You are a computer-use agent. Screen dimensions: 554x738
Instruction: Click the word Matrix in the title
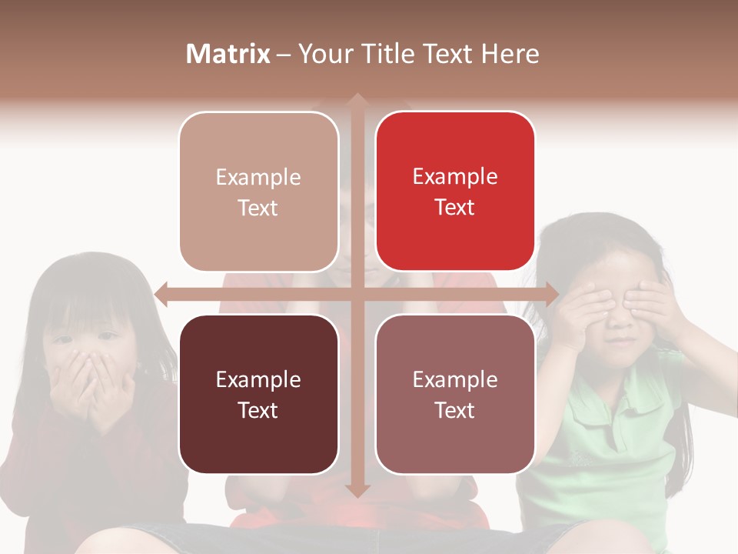pyautogui.click(x=228, y=54)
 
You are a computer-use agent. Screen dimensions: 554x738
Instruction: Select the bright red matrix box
pyautogui.click(x=455, y=191)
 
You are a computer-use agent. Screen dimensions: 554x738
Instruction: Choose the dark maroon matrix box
pyautogui.click(x=258, y=394)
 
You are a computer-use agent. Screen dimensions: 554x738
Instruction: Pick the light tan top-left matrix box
pyautogui.click(x=258, y=191)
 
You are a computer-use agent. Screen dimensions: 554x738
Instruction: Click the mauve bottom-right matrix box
pyautogui.click(x=455, y=394)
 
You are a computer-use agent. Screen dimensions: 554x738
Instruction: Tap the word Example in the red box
pyautogui.click(x=455, y=176)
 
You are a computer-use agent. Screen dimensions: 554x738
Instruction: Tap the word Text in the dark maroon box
pyautogui.click(x=258, y=410)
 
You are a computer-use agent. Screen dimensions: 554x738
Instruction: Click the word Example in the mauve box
pyautogui.click(x=455, y=379)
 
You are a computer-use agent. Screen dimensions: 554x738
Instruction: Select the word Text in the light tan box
pyautogui.click(x=258, y=208)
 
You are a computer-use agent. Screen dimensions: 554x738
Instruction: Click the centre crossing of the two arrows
pyautogui.click(x=357, y=293)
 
